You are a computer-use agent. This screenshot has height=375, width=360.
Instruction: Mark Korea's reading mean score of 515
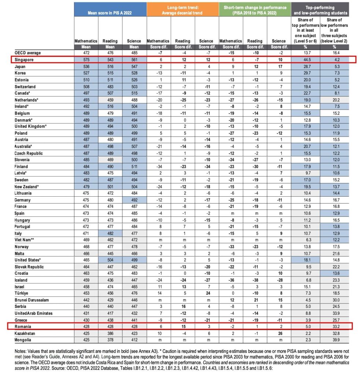pyautogui.click(x=110, y=73)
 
